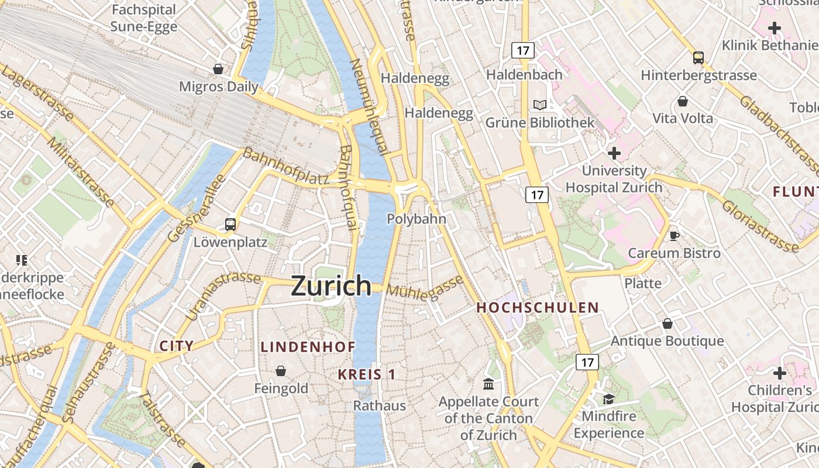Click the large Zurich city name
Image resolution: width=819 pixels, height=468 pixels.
(331, 285)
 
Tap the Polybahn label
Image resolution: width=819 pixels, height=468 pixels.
(417, 219)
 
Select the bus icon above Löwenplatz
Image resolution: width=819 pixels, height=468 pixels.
(230, 224)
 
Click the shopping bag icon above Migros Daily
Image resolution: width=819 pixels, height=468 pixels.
(218, 69)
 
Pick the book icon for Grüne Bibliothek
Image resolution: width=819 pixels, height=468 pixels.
(539, 105)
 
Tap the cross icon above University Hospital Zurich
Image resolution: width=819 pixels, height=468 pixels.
(614, 153)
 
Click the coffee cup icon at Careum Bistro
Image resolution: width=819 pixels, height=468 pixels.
(674, 235)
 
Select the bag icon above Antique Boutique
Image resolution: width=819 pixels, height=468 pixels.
(667, 324)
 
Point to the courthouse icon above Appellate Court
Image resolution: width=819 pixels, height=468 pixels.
(488, 384)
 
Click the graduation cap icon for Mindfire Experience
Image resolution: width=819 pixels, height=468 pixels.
(608, 399)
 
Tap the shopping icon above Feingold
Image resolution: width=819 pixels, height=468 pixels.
(281, 370)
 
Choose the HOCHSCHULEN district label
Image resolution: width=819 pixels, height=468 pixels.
(537, 307)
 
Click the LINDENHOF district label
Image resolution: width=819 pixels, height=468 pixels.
(308, 347)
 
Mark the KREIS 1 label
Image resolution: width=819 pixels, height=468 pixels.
(367, 374)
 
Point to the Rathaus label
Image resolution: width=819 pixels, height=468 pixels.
(379, 405)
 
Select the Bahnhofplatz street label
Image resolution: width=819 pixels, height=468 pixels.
(285, 166)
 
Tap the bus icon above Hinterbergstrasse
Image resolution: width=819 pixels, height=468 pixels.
(698, 57)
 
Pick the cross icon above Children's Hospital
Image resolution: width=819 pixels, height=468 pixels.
(779, 373)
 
